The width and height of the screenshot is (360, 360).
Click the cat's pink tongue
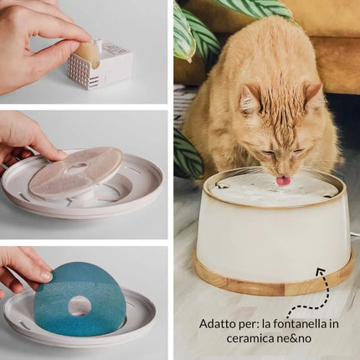[283, 180]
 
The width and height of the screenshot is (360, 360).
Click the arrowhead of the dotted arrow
[321, 271]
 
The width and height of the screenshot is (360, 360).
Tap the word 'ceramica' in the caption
[246, 338]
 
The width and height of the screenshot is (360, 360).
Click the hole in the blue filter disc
[80, 306]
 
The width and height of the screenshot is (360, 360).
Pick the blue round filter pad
[80, 299]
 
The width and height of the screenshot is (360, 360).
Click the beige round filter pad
[76, 172]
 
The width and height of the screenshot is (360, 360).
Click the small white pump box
[100, 66]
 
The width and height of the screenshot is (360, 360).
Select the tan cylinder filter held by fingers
[87, 54]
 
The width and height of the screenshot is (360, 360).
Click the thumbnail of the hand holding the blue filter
[46, 276]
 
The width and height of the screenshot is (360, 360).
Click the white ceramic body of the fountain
[274, 237]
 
